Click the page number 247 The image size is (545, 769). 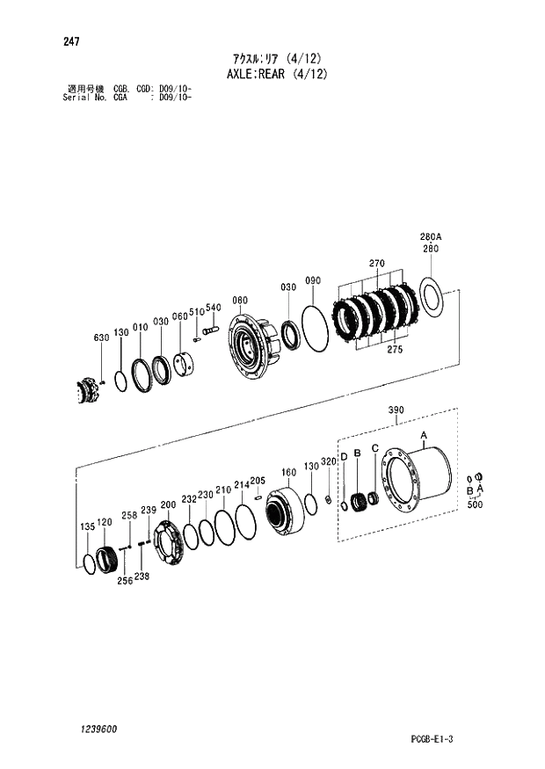tap(71, 41)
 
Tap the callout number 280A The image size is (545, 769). tap(431, 237)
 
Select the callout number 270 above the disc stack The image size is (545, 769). tap(377, 264)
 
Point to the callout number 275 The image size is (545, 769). tap(395, 349)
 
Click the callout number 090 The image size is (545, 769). tap(313, 280)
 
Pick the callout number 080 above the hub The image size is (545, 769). tap(240, 301)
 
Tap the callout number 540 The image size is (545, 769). tap(214, 308)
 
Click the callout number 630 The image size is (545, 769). tap(101, 337)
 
